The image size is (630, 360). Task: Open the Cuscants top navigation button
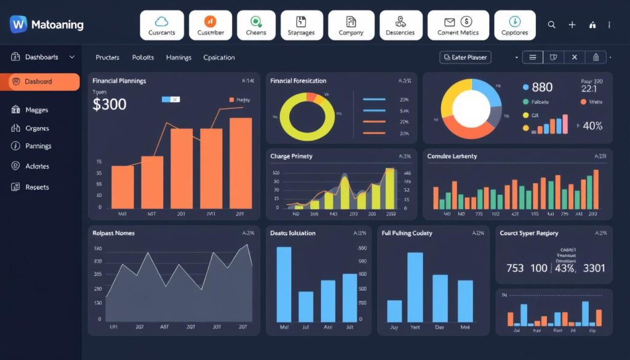pos(162,25)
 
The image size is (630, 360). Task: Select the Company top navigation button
pos(351,25)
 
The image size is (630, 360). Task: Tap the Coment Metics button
pos(458,25)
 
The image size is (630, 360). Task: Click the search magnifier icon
pos(551,25)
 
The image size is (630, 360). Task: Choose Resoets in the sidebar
pos(36,187)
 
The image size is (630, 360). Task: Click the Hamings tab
pos(178,58)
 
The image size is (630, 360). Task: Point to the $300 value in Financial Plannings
pos(110,104)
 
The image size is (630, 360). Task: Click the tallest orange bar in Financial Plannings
pos(241,163)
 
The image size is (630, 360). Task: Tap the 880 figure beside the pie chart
pos(542,87)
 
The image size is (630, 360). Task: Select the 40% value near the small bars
pos(592,126)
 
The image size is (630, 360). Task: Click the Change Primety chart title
pos(291,156)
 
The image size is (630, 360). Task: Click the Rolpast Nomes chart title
pos(114,233)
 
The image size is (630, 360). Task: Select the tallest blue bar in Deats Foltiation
pos(284,284)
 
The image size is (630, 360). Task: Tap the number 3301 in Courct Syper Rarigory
pos(594,268)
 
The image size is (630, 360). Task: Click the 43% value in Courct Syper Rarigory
pos(564,268)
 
